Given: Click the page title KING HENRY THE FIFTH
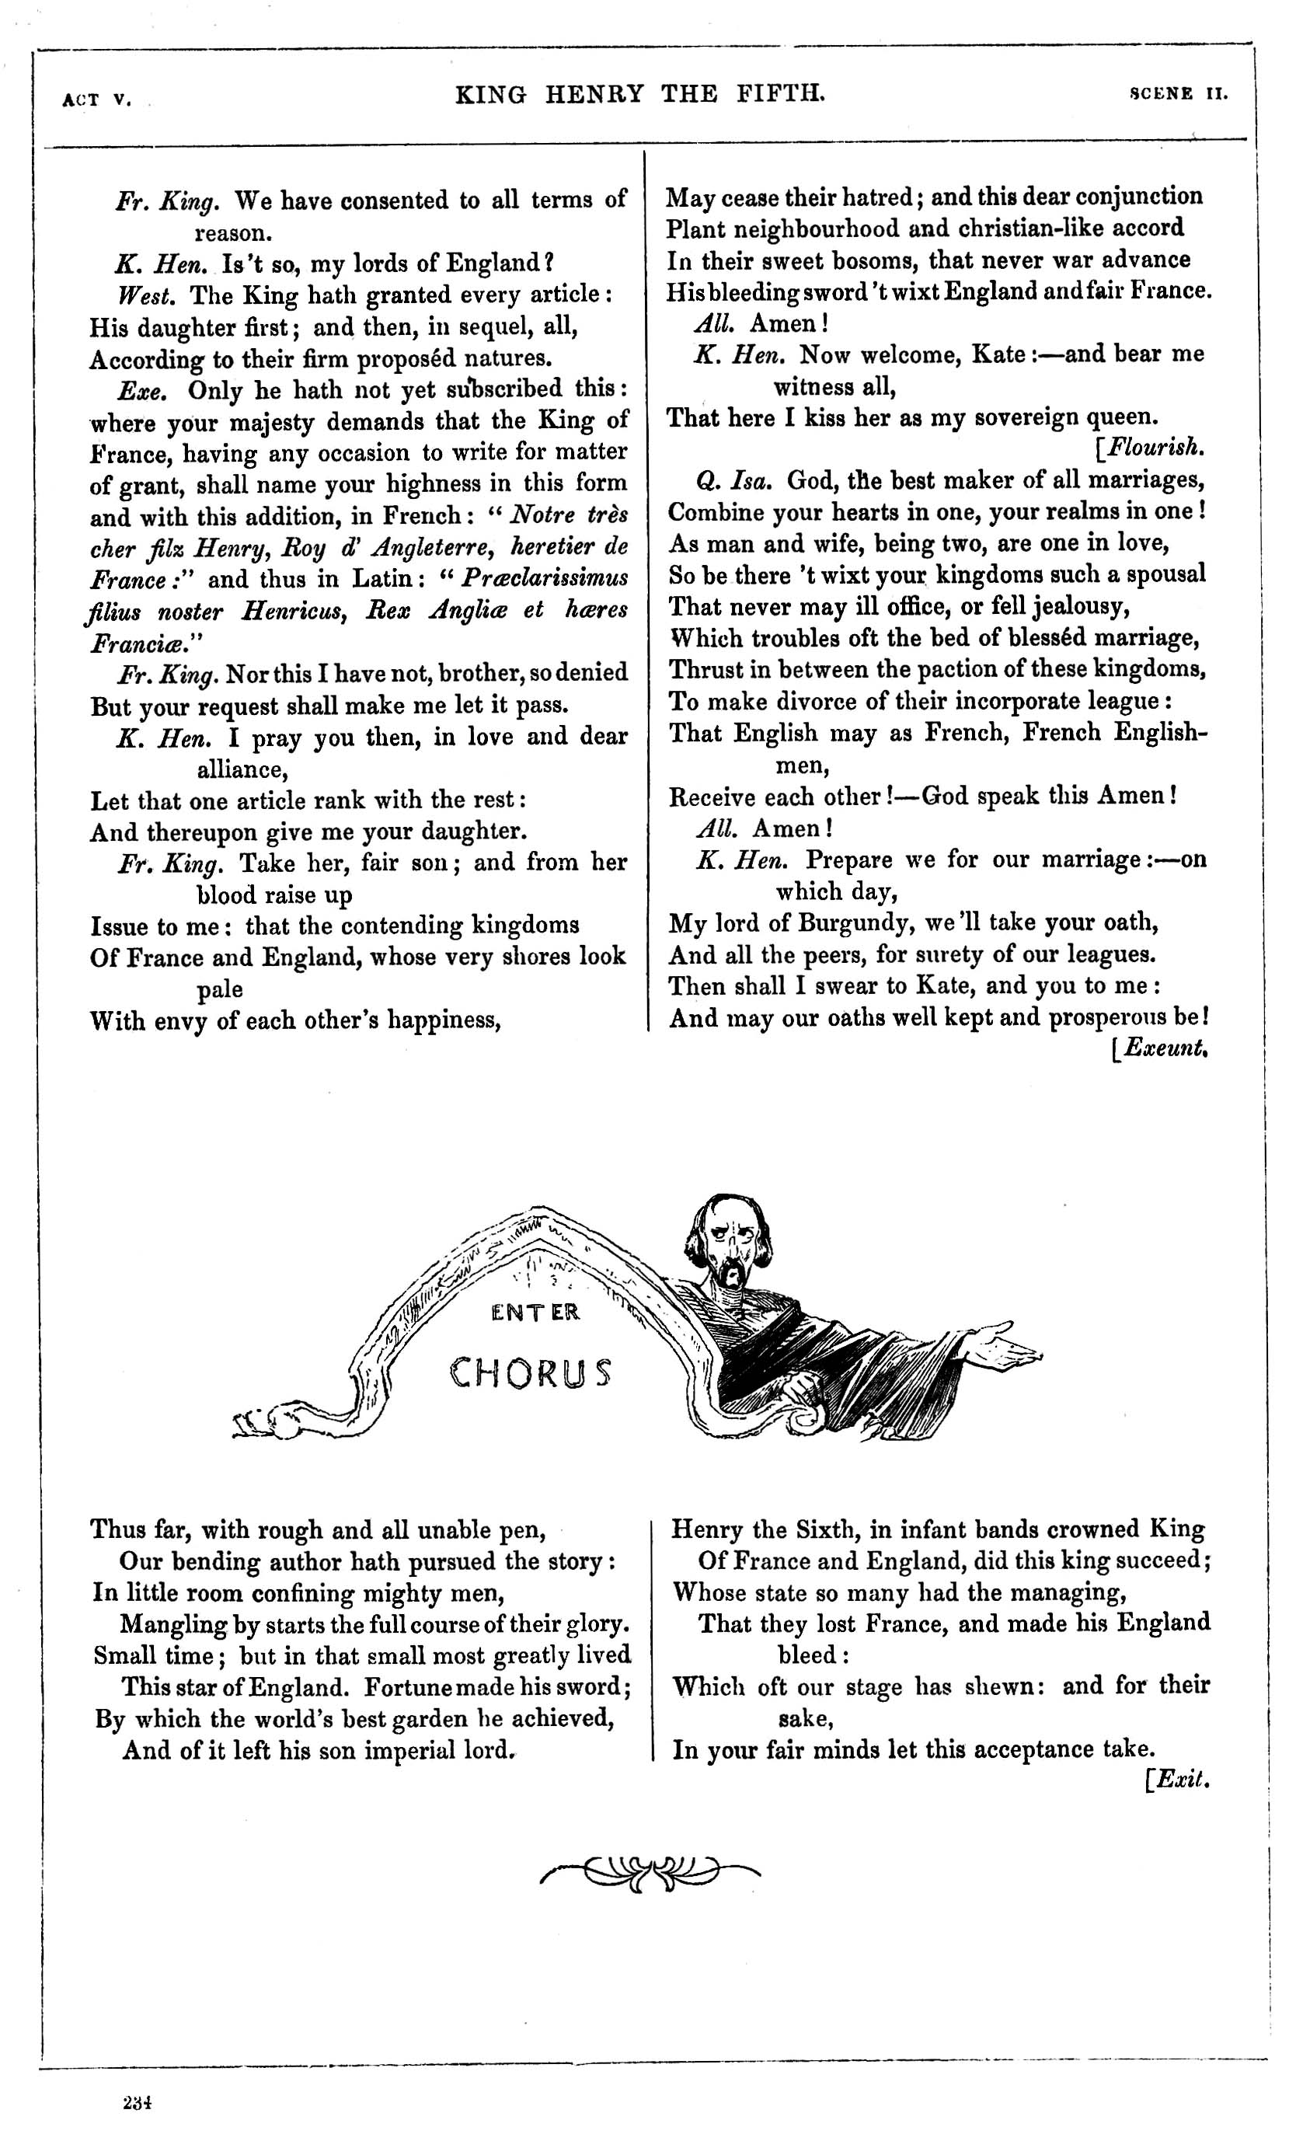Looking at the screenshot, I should [x=639, y=93].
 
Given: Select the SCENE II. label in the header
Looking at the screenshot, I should [x=1179, y=94].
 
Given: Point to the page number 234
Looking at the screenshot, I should [x=138, y=2102].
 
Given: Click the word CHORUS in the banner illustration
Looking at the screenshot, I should [x=530, y=1373].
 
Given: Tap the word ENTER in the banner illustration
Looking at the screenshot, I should [x=535, y=1313].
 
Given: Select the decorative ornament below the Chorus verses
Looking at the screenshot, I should [x=650, y=1871].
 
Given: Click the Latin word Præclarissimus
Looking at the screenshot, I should [x=544, y=578].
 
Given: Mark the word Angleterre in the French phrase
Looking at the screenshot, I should [x=432, y=546].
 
